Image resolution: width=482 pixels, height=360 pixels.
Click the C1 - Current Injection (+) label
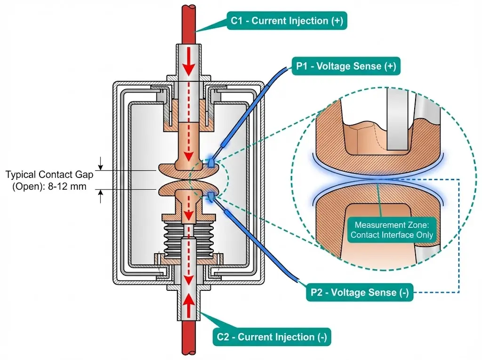[x=287, y=21]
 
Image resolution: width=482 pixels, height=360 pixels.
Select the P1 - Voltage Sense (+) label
[x=345, y=66]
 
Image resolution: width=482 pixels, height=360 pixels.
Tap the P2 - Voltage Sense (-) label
[x=360, y=293]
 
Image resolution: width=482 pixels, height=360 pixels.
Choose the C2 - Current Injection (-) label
[x=272, y=337]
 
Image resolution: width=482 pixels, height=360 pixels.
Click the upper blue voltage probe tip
[x=211, y=162]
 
